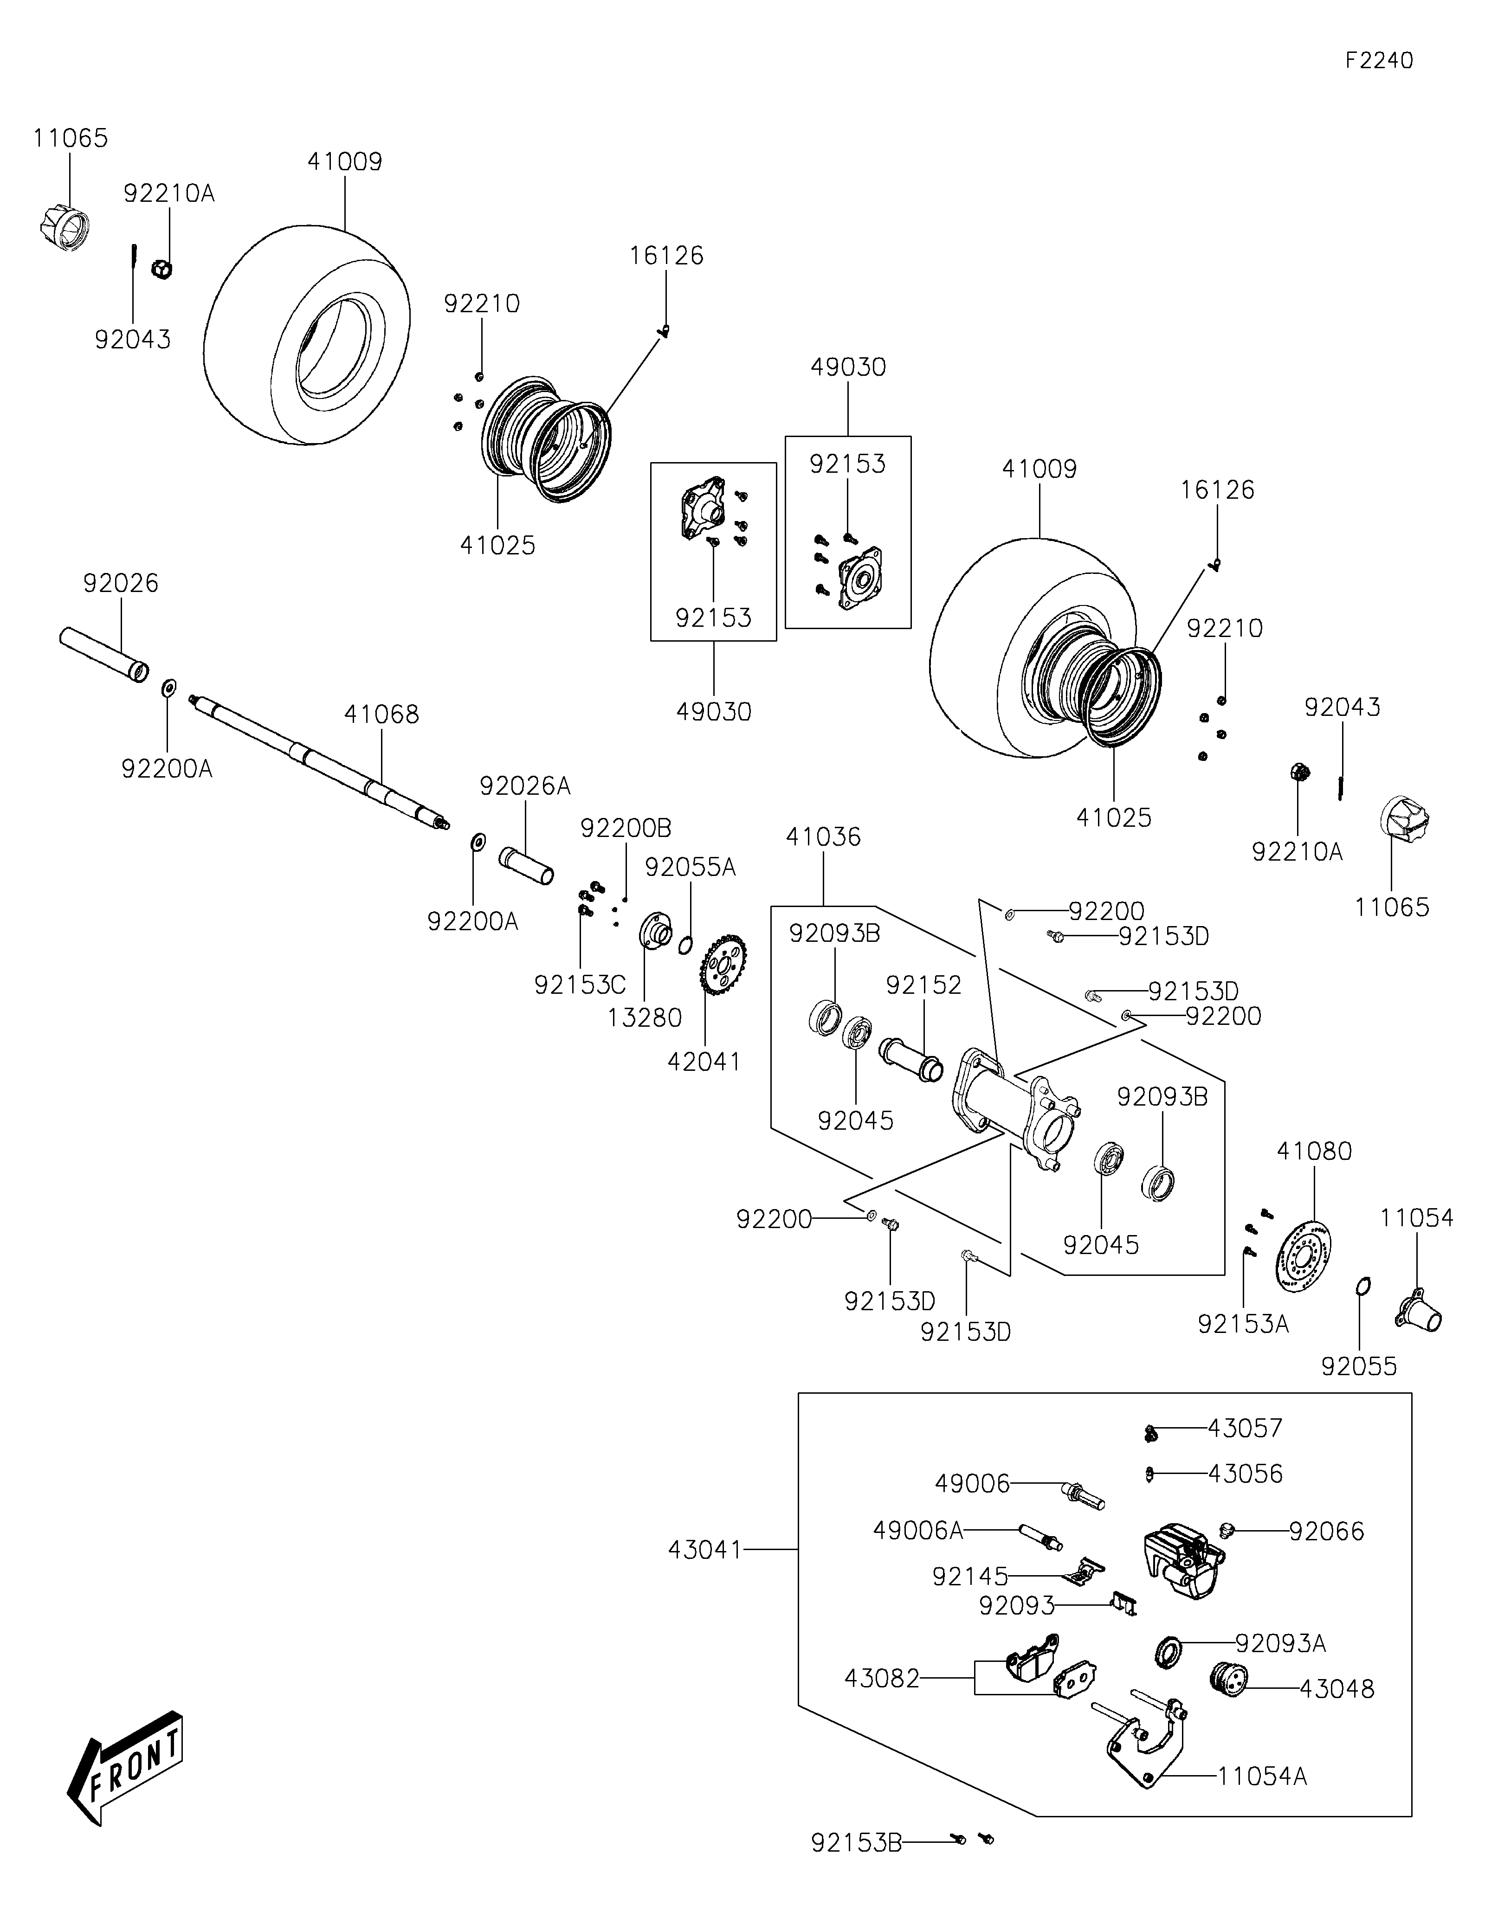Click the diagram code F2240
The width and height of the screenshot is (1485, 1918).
tap(1379, 61)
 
